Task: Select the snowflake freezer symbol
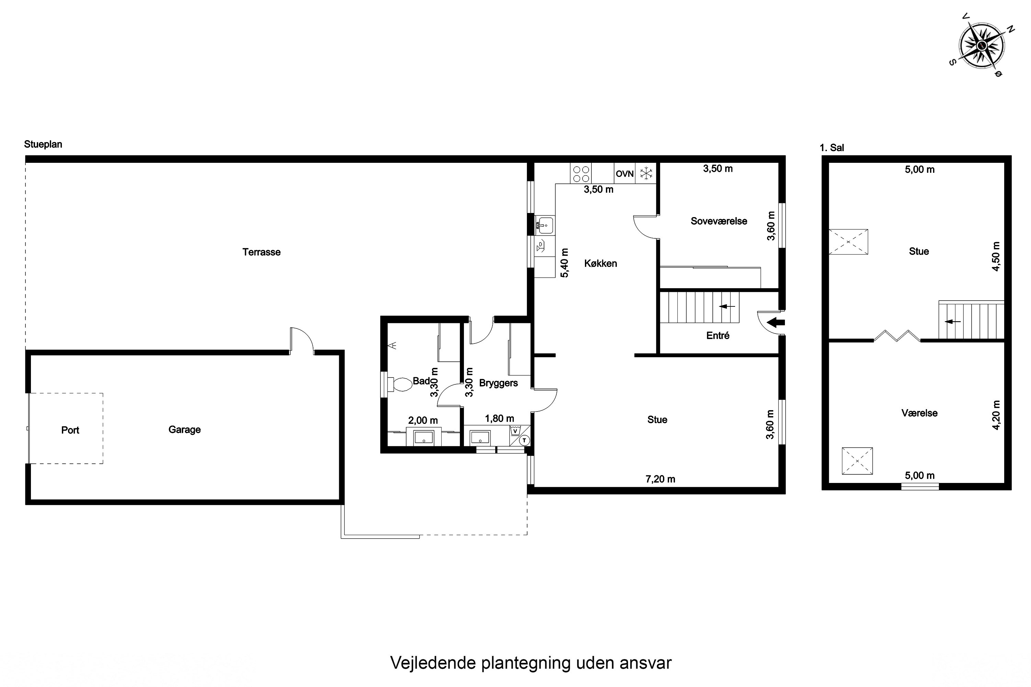point(646,173)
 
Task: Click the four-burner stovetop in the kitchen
point(581,173)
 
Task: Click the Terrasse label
point(261,252)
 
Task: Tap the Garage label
point(185,430)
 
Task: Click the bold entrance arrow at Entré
point(776,323)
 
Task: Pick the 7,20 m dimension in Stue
point(660,479)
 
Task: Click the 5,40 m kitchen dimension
point(565,263)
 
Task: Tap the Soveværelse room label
point(719,221)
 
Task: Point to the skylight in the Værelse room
point(857,461)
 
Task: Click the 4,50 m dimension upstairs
point(996,256)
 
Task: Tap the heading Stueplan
point(43,145)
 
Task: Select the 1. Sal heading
point(832,148)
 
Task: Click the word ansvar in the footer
point(645,663)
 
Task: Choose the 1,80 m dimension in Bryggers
point(499,418)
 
